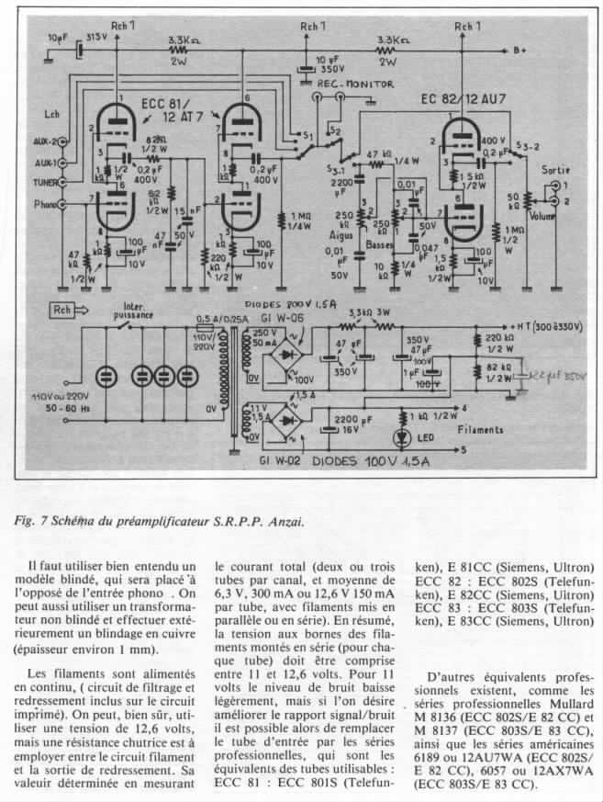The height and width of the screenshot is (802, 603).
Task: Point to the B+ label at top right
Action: (x=519, y=51)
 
